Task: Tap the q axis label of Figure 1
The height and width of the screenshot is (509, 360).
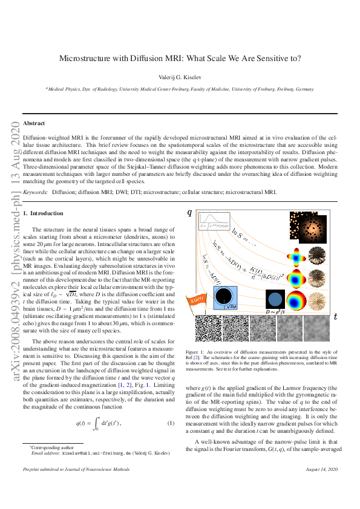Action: point(189,212)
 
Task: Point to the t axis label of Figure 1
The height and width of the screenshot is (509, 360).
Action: point(335,317)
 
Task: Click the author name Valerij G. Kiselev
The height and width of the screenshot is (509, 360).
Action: point(180,76)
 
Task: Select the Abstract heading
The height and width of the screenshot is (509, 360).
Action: point(34,123)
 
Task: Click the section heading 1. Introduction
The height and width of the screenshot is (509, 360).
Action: point(43,213)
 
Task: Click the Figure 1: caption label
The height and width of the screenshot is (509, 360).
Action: point(195,351)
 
